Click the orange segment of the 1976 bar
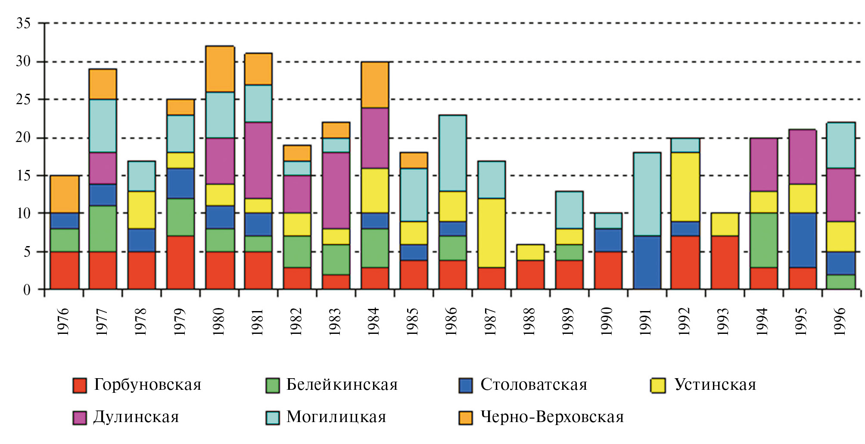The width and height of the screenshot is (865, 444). click(65, 194)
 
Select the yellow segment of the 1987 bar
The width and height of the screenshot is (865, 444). click(492, 233)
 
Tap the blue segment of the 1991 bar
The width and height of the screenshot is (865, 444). click(647, 262)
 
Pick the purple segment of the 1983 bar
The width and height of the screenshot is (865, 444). click(336, 191)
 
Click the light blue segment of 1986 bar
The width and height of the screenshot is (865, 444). click(453, 153)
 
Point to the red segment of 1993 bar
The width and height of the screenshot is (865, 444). click(725, 262)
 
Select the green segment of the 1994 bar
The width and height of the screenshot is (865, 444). click(764, 240)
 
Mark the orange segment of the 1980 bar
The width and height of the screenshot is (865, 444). click(220, 69)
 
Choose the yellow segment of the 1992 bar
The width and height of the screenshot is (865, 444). click(685, 187)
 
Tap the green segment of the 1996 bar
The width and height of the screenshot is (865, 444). click(842, 282)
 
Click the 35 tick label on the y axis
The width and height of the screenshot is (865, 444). click(24, 23)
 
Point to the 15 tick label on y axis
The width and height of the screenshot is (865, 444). click(24, 176)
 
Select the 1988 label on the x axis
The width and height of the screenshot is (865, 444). click(529, 321)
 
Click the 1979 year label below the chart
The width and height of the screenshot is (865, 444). click(180, 321)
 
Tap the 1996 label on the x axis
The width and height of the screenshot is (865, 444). click(840, 321)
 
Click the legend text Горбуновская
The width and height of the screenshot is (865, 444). click(148, 385)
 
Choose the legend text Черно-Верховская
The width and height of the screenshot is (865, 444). click(552, 417)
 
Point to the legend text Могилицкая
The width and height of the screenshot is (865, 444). click(336, 417)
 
